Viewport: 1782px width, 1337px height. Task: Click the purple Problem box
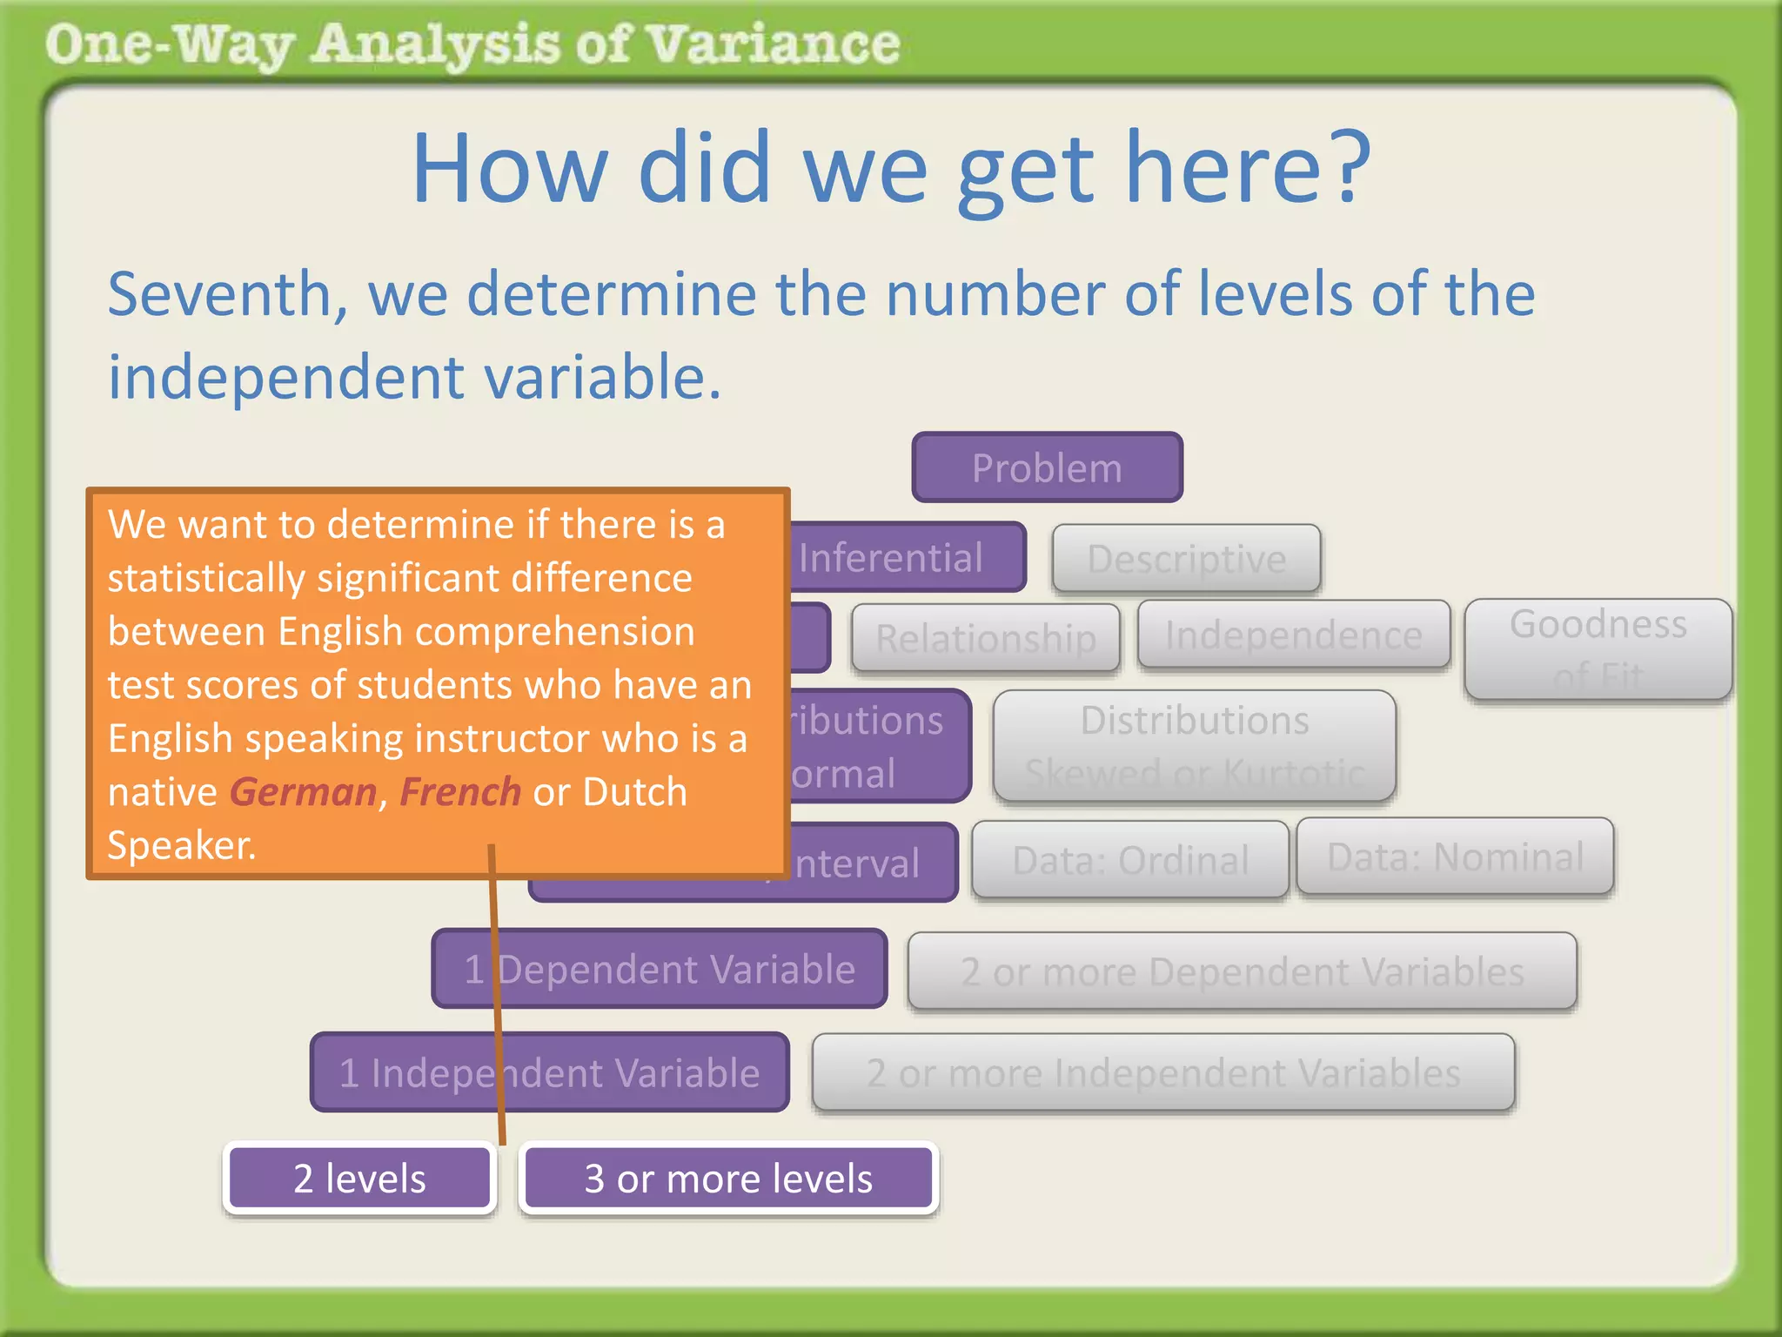point(1047,467)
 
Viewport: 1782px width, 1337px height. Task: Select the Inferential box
point(905,557)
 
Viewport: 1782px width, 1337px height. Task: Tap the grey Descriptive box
point(1186,558)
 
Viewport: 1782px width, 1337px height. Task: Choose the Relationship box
point(985,638)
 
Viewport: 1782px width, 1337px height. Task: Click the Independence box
point(1293,635)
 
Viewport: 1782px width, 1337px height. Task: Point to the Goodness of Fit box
point(1598,648)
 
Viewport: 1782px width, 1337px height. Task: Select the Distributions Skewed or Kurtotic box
point(1194,745)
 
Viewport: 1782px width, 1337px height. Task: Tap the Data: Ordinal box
point(1129,859)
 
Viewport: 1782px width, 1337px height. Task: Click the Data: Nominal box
point(1454,856)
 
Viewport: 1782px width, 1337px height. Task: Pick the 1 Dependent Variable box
point(660,968)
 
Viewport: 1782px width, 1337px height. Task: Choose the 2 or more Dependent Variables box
point(1242,971)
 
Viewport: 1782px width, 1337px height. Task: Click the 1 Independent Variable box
point(550,1072)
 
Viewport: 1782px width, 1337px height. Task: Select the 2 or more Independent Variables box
point(1162,1072)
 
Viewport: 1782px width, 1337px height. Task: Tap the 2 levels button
point(359,1178)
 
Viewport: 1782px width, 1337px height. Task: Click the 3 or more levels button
point(728,1178)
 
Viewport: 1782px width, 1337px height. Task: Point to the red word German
point(303,792)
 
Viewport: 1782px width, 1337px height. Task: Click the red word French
point(459,792)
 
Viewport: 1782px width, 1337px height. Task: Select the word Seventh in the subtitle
point(227,294)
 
